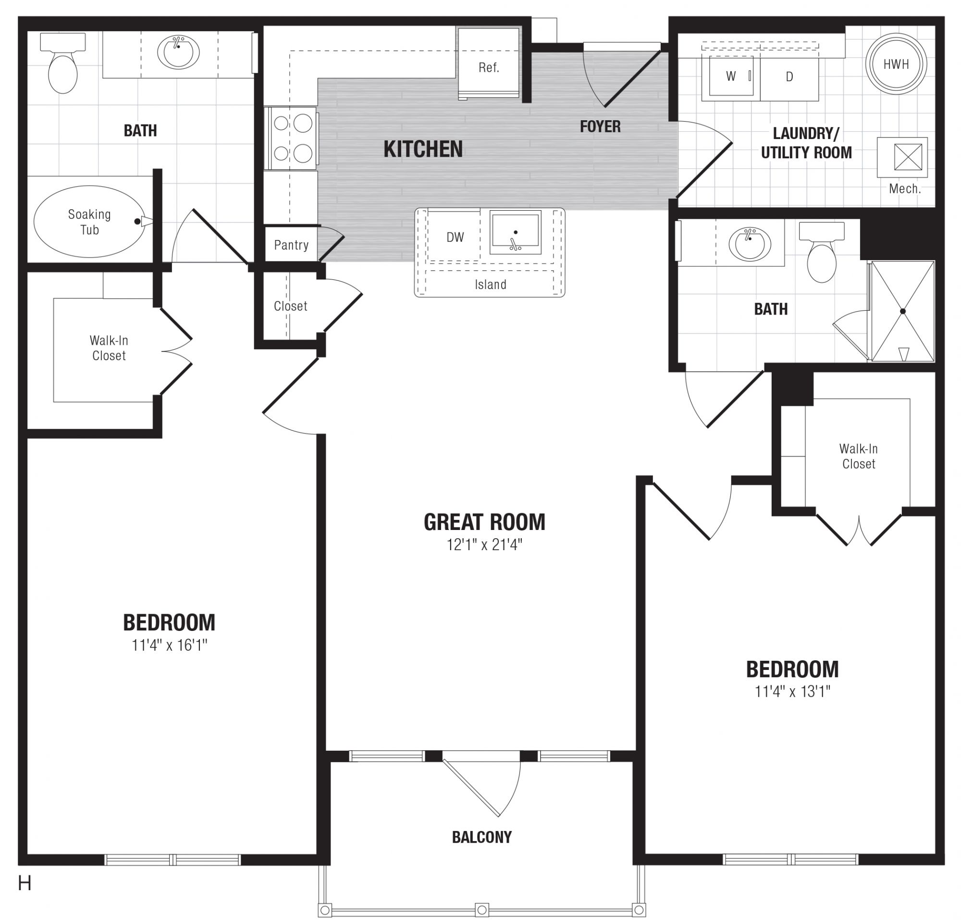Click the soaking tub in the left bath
[x=89, y=221]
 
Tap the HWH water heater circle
[x=896, y=64]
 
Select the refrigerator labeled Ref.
[x=488, y=63]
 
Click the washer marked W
[x=731, y=76]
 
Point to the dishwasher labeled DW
[x=455, y=238]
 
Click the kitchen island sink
[x=515, y=232]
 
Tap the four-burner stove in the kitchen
[x=292, y=139]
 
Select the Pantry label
[x=291, y=245]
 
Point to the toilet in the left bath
[x=63, y=63]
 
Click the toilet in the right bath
[x=821, y=252]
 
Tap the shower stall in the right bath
[x=903, y=312]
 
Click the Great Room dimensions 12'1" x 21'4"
[x=484, y=544]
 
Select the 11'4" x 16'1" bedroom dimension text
[x=169, y=645]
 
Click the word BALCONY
[x=482, y=837]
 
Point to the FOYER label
[x=600, y=126]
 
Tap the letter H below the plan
[x=25, y=883]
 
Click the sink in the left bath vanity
[x=178, y=51]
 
